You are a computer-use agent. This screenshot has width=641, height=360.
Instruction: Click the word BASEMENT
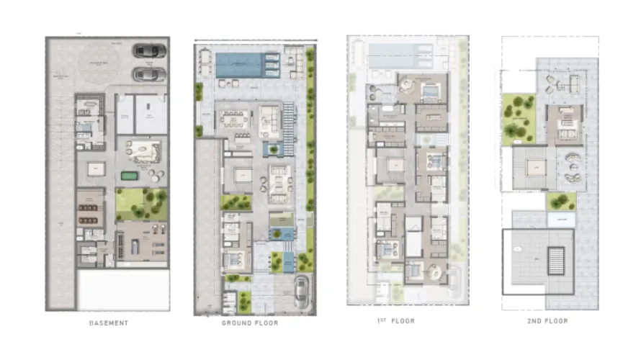pyautogui.click(x=108, y=322)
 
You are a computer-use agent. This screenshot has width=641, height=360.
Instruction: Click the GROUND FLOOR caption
pyautogui.click(x=250, y=323)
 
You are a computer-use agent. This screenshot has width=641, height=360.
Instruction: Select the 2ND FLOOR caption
pyautogui.click(x=547, y=321)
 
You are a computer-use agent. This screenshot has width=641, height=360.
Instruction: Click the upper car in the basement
pyautogui.click(x=150, y=51)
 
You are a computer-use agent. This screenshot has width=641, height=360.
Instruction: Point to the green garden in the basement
pyautogui.click(x=141, y=204)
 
